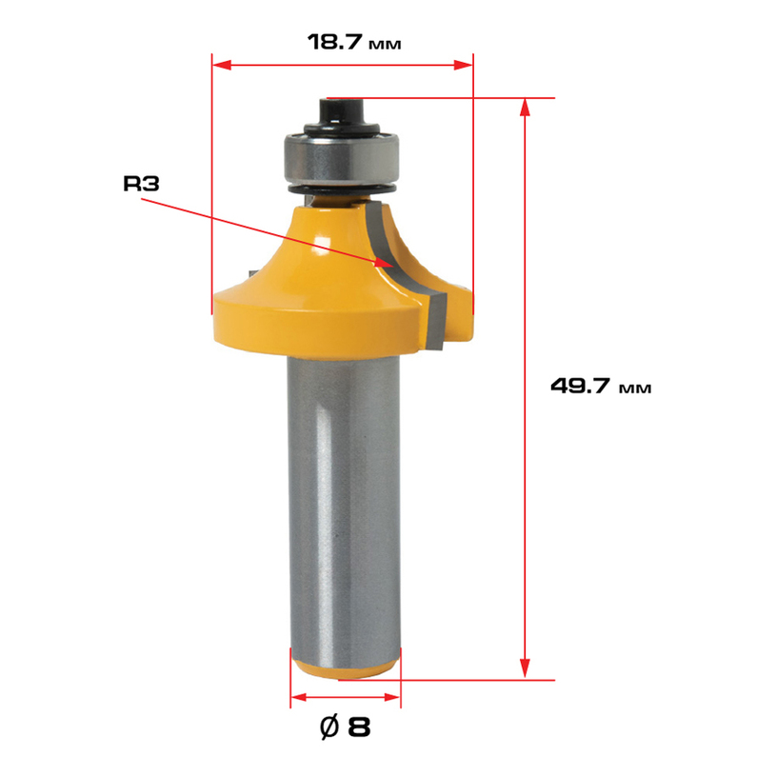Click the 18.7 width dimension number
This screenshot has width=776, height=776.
335,42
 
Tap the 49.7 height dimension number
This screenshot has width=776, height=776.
580,386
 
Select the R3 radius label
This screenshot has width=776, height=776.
141,184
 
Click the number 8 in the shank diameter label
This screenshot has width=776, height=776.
359,727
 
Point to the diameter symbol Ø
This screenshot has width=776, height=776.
329,727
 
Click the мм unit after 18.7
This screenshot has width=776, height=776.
385,45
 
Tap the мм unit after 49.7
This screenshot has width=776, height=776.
635,388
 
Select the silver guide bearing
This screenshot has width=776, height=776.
341,159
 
